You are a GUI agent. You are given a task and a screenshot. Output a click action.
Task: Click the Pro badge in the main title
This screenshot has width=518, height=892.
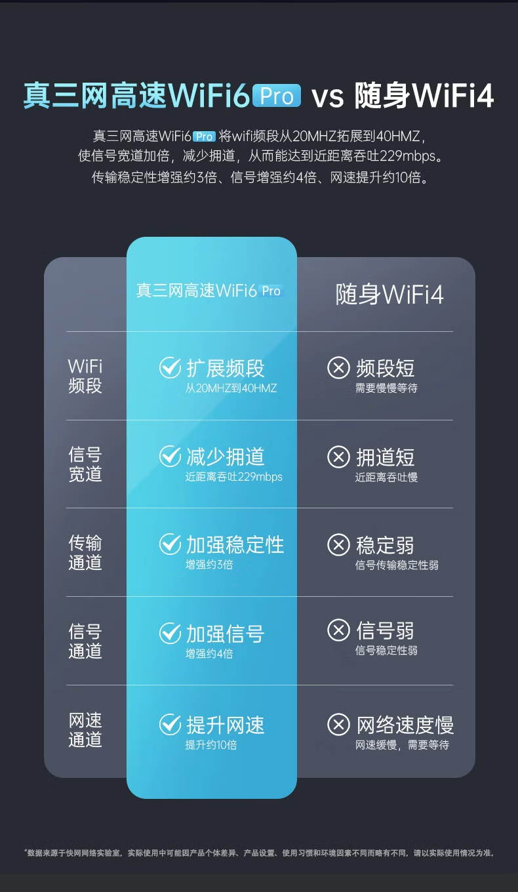pyautogui.click(x=277, y=96)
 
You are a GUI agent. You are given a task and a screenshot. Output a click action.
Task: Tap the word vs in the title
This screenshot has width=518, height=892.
pyautogui.click(x=327, y=96)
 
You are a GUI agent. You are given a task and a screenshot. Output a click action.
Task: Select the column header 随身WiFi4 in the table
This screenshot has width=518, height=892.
pyautogui.click(x=389, y=294)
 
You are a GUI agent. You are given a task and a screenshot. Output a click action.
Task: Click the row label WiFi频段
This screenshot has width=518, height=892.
pyautogui.click(x=85, y=376)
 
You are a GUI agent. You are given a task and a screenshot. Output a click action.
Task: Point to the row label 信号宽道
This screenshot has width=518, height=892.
pyautogui.click(x=85, y=464)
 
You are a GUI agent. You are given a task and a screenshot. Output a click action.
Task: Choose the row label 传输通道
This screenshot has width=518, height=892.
pyautogui.click(x=85, y=553)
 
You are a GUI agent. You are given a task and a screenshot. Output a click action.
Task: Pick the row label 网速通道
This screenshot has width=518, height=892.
pyautogui.click(x=85, y=730)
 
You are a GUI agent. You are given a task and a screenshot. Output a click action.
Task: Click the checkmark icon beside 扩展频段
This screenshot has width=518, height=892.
pyautogui.click(x=170, y=368)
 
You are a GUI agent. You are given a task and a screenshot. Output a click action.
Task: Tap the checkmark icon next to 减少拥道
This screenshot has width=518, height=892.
pyautogui.click(x=170, y=456)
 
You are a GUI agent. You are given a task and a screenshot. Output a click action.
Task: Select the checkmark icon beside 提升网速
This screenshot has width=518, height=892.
pyautogui.click(x=170, y=724)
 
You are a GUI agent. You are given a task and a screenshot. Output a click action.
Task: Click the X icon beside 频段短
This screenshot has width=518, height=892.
pyautogui.click(x=338, y=368)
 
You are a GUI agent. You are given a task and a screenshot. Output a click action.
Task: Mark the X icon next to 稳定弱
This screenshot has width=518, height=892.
pyautogui.click(x=338, y=544)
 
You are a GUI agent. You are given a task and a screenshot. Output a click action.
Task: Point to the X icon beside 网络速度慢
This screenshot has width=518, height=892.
pyautogui.click(x=338, y=724)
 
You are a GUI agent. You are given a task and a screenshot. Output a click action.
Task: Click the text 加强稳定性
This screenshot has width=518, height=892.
pyautogui.click(x=235, y=544)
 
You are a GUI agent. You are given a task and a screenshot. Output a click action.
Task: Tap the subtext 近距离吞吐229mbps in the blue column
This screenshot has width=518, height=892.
pyautogui.click(x=233, y=477)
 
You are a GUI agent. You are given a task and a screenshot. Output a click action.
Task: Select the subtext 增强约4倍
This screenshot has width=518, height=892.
pyautogui.click(x=209, y=653)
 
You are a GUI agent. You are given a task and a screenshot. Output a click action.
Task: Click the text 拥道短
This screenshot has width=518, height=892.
pyautogui.click(x=385, y=456)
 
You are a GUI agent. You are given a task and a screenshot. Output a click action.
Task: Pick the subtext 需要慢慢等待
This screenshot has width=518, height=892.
pyautogui.click(x=386, y=388)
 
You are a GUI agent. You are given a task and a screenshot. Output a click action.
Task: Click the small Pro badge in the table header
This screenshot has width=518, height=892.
pyautogui.click(x=271, y=291)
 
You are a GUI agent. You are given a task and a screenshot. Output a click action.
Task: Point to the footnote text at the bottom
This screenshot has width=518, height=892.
pyautogui.click(x=259, y=853)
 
